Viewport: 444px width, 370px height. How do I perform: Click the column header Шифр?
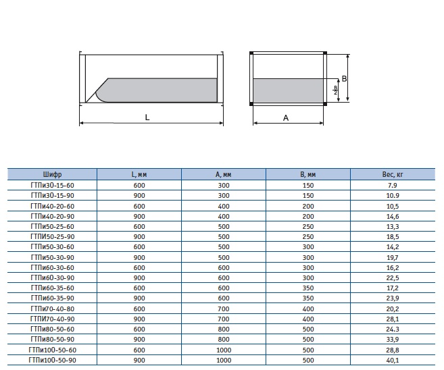[x=53, y=174]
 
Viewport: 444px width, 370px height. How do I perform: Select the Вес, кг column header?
[x=393, y=174]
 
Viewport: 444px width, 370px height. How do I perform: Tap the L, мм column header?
[x=139, y=174]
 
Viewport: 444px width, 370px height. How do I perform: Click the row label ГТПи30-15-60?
[x=53, y=185]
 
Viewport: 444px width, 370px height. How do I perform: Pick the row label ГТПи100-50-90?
[x=53, y=360]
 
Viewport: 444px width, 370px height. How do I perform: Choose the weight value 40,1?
[x=393, y=360]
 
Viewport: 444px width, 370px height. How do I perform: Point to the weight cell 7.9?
[x=393, y=185]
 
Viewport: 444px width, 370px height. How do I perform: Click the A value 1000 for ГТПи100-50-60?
[x=224, y=350]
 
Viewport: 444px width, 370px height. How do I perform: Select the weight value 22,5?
[x=393, y=277]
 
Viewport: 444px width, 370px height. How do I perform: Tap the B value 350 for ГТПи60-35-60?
[x=308, y=288]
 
